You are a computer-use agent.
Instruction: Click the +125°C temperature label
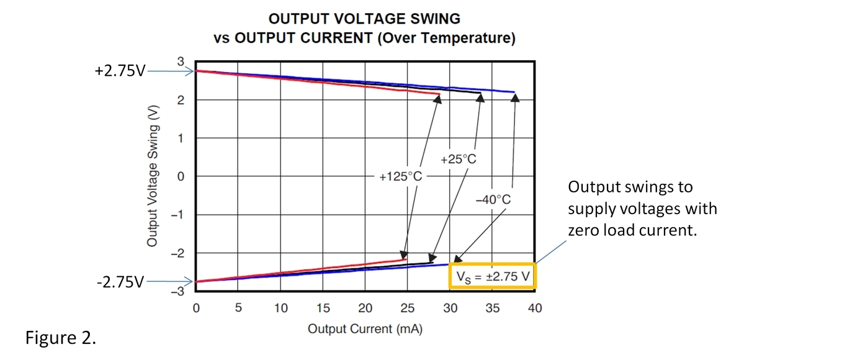coord(400,177)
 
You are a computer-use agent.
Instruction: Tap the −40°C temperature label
coord(493,200)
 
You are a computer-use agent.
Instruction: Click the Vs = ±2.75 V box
coord(492,277)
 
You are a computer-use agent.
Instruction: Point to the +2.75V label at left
coord(120,71)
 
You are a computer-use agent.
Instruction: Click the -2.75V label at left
coord(120,282)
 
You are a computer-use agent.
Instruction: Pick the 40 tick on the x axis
coord(534,308)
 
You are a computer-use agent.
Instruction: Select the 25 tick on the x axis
coord(407,308)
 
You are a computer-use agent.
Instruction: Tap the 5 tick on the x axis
coord(238,308)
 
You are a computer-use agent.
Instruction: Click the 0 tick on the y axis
coord(181,176)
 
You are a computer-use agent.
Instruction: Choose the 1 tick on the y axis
coord(181,138)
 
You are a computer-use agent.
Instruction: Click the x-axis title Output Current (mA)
coord(365,329)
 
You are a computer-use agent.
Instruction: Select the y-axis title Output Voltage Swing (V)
coord(153,176)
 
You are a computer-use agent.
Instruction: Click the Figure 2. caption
coord(60,339)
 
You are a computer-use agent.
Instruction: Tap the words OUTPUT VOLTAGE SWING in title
coord(364,19)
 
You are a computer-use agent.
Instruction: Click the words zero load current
coord(632,230)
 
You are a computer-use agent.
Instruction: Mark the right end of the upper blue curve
coord(514,92)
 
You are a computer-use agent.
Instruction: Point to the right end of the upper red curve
coord(439,94)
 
